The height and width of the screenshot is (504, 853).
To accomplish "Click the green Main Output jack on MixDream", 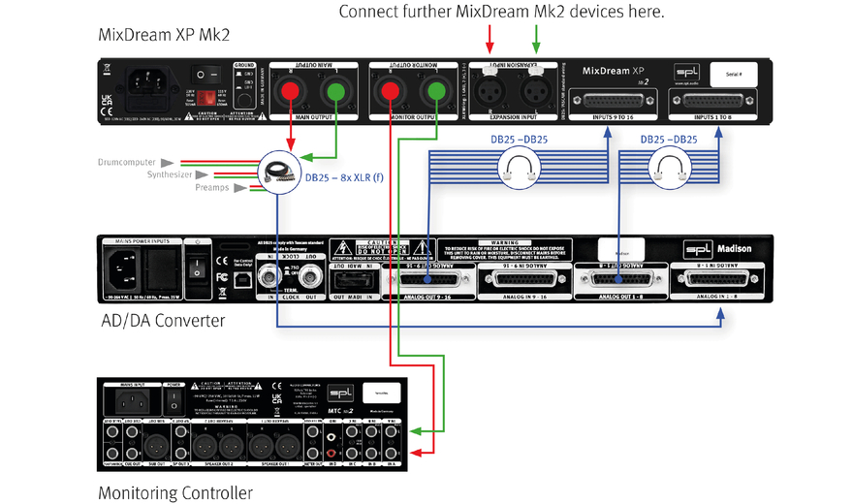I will click(335, 93).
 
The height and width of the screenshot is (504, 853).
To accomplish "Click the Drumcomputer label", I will click(128, 162).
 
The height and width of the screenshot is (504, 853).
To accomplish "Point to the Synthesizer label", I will click(171, 174).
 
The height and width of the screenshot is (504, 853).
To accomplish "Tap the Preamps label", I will click(212, 187).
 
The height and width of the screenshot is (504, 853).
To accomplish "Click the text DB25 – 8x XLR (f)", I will click(354, 178).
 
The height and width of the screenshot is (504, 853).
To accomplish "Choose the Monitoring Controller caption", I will click(175, 493).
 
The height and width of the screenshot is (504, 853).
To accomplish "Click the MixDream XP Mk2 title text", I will click(165, 35).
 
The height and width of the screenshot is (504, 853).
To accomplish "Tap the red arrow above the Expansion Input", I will click(490, 39).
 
